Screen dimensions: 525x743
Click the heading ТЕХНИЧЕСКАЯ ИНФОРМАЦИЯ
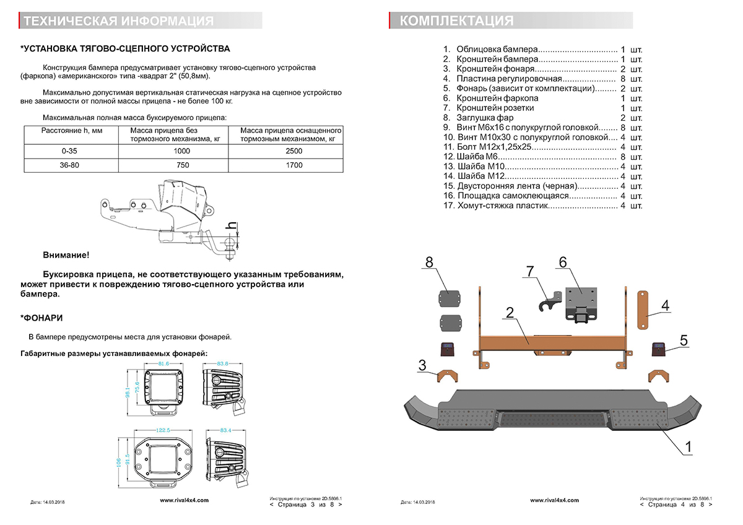click(x=118, y=22)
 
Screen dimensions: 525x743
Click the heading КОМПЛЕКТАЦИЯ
click(x=456, y=21)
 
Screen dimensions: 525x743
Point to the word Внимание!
click(x=66, y=255)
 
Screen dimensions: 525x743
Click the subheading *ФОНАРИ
click(x=41, y=318)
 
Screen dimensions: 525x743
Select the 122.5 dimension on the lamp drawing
click(x=163, y=429)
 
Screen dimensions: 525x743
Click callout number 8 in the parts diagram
click(x=429, y=262)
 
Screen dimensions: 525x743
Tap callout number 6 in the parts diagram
click(x=562, y=262)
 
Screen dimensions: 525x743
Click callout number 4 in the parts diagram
click(x=665, y=305)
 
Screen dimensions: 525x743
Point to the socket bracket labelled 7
click(x=546, y=300)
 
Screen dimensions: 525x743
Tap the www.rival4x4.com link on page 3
click(x=184, y=500)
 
